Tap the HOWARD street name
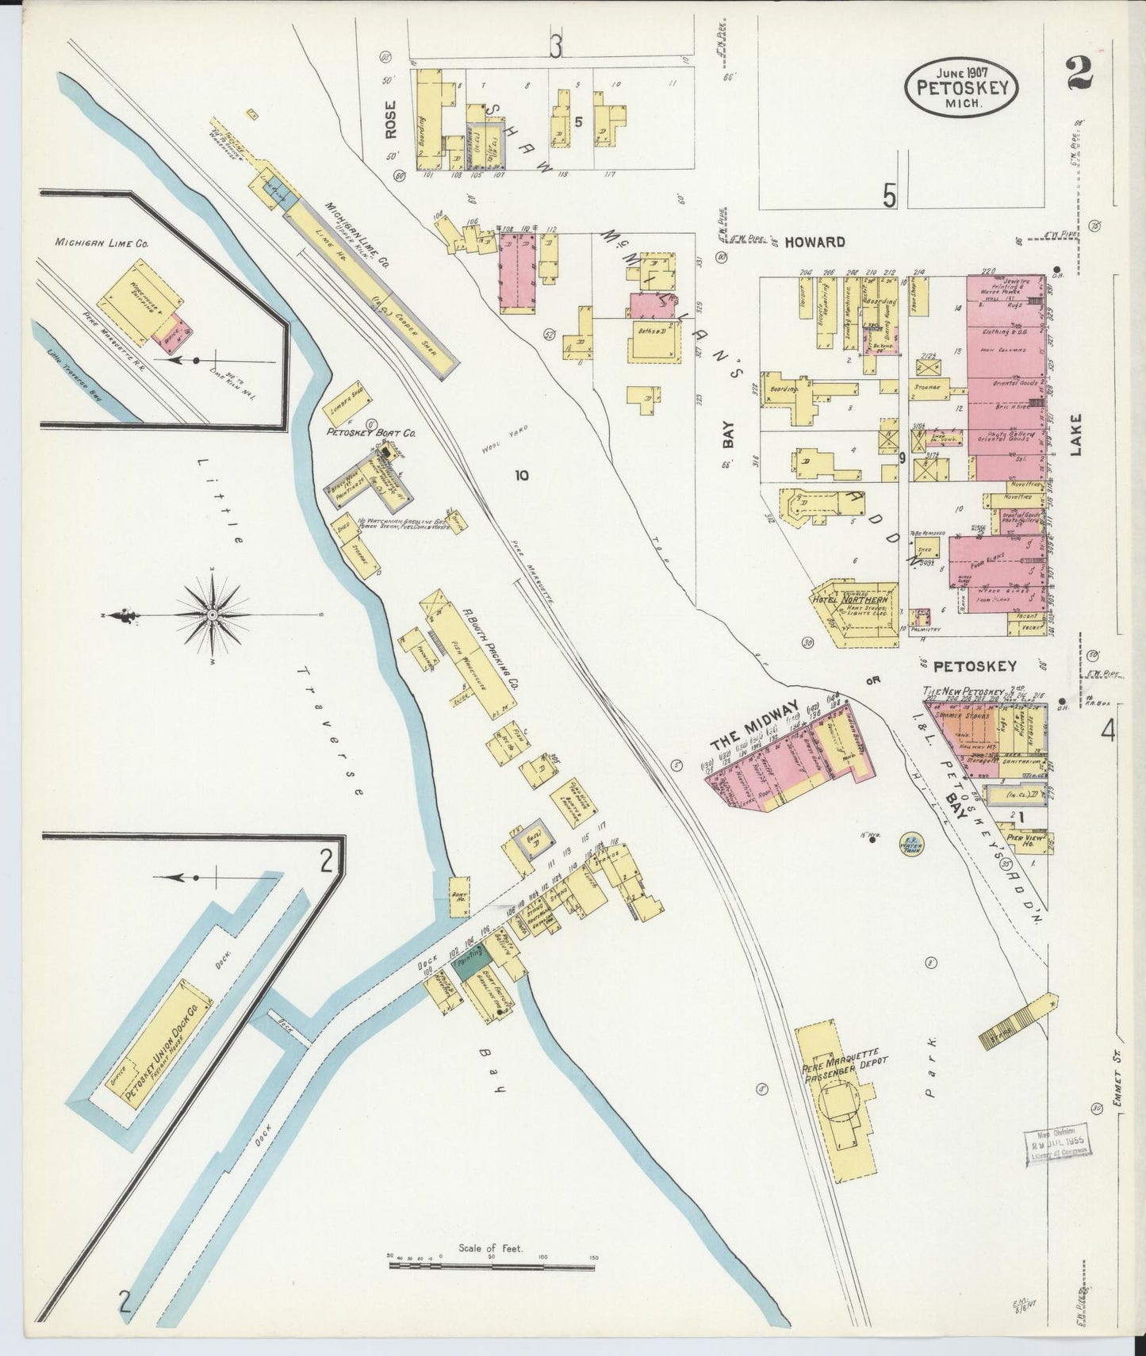(814, 241)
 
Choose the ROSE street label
(390, 124)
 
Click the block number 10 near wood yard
(521, 475)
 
